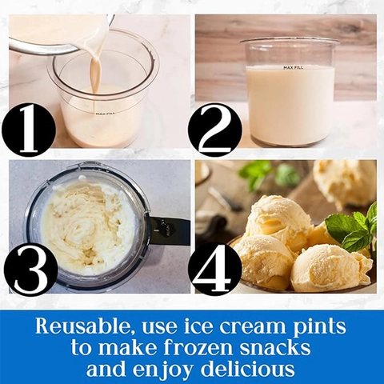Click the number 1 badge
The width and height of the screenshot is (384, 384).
[x=29, y=130]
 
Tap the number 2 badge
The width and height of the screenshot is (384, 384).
[x=215, y=130]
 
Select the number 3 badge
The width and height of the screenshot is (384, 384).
[x=31, y=269]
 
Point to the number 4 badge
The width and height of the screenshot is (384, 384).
[x=215, y=269]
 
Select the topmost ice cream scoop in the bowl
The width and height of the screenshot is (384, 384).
[x=279, y=219]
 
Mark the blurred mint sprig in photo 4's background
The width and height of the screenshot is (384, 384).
[x=270, y=174]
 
